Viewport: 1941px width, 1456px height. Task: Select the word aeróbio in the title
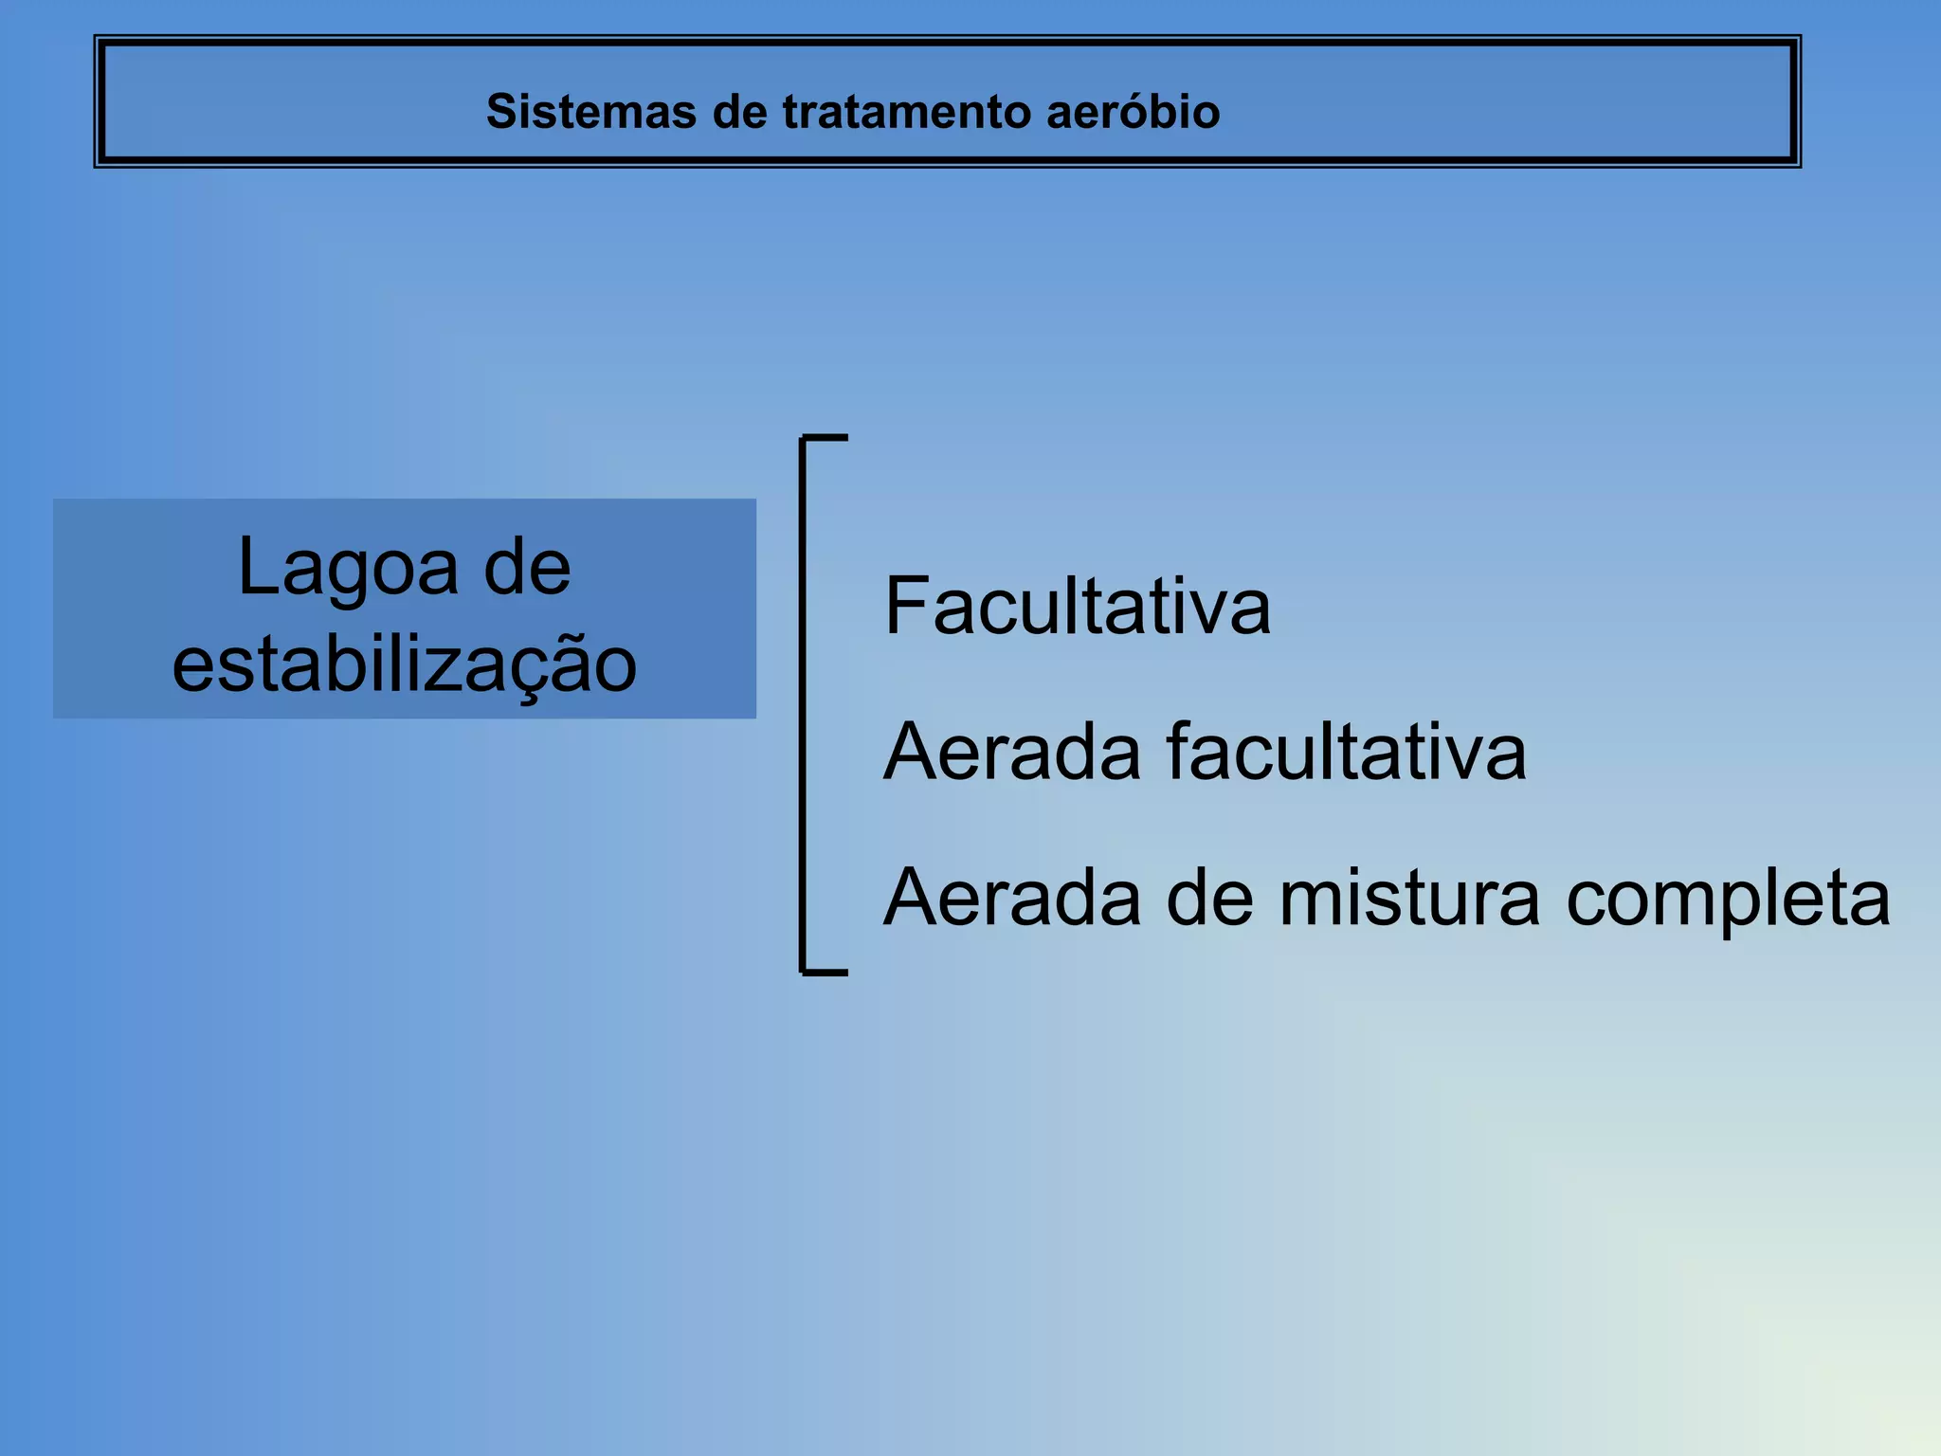pos(1134,112)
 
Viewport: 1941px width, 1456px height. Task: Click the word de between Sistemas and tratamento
pos(739,112)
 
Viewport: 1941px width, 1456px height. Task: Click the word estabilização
pos(405,665)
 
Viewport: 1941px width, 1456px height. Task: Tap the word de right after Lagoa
pos(527,569)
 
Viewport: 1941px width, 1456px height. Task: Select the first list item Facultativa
pos(1077,607)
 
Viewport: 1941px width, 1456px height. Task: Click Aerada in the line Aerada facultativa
pos(1011,753)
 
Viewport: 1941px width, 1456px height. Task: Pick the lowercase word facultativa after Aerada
pos(1346,753)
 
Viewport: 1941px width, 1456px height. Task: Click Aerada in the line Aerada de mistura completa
pos(1011,898)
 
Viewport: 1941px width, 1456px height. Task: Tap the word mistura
pos(1409,898)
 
